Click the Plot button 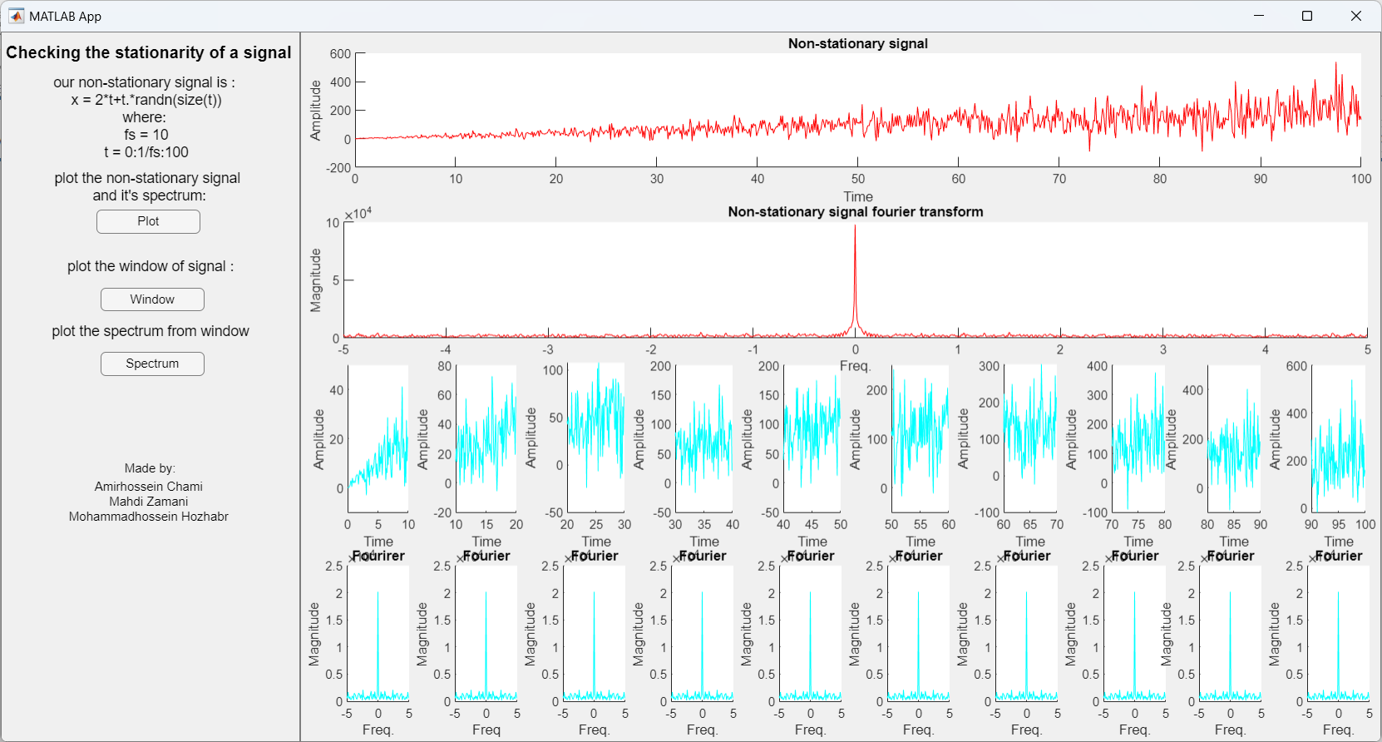(148, 221)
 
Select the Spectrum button (152, 364)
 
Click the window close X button (1355, 16)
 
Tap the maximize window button (1307, 16)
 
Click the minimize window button (1258, 16)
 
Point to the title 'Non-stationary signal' (857, 43)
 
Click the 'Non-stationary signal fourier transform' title (855, 211)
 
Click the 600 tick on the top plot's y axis (340, 54)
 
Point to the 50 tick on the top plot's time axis (858, 179)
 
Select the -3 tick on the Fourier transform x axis (548, 350)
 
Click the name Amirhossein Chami (148, 487)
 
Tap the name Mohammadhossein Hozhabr (148, 517)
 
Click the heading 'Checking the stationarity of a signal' (148, 52)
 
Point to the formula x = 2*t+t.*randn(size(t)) (146, 100)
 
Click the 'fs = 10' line (146, 135)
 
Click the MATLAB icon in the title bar (16, 16)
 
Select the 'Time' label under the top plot (858, 196)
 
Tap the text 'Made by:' (150, 468)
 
